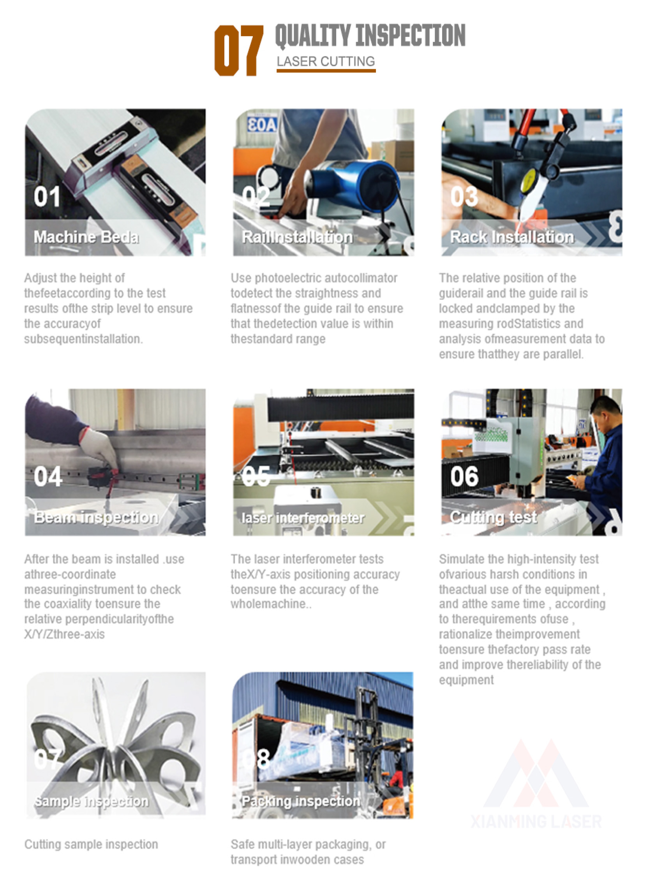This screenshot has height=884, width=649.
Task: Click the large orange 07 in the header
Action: [238, 50]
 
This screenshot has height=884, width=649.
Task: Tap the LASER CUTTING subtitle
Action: [325, 62]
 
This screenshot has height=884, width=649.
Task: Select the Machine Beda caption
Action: [86, 237]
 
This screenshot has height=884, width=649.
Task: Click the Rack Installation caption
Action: [511, 237]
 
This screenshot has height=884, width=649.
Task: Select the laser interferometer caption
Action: [303, 518]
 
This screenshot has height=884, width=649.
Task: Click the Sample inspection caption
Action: [92, 801]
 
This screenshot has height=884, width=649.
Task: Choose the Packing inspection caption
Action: [300, 801]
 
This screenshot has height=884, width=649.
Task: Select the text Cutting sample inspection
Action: [91, 844]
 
